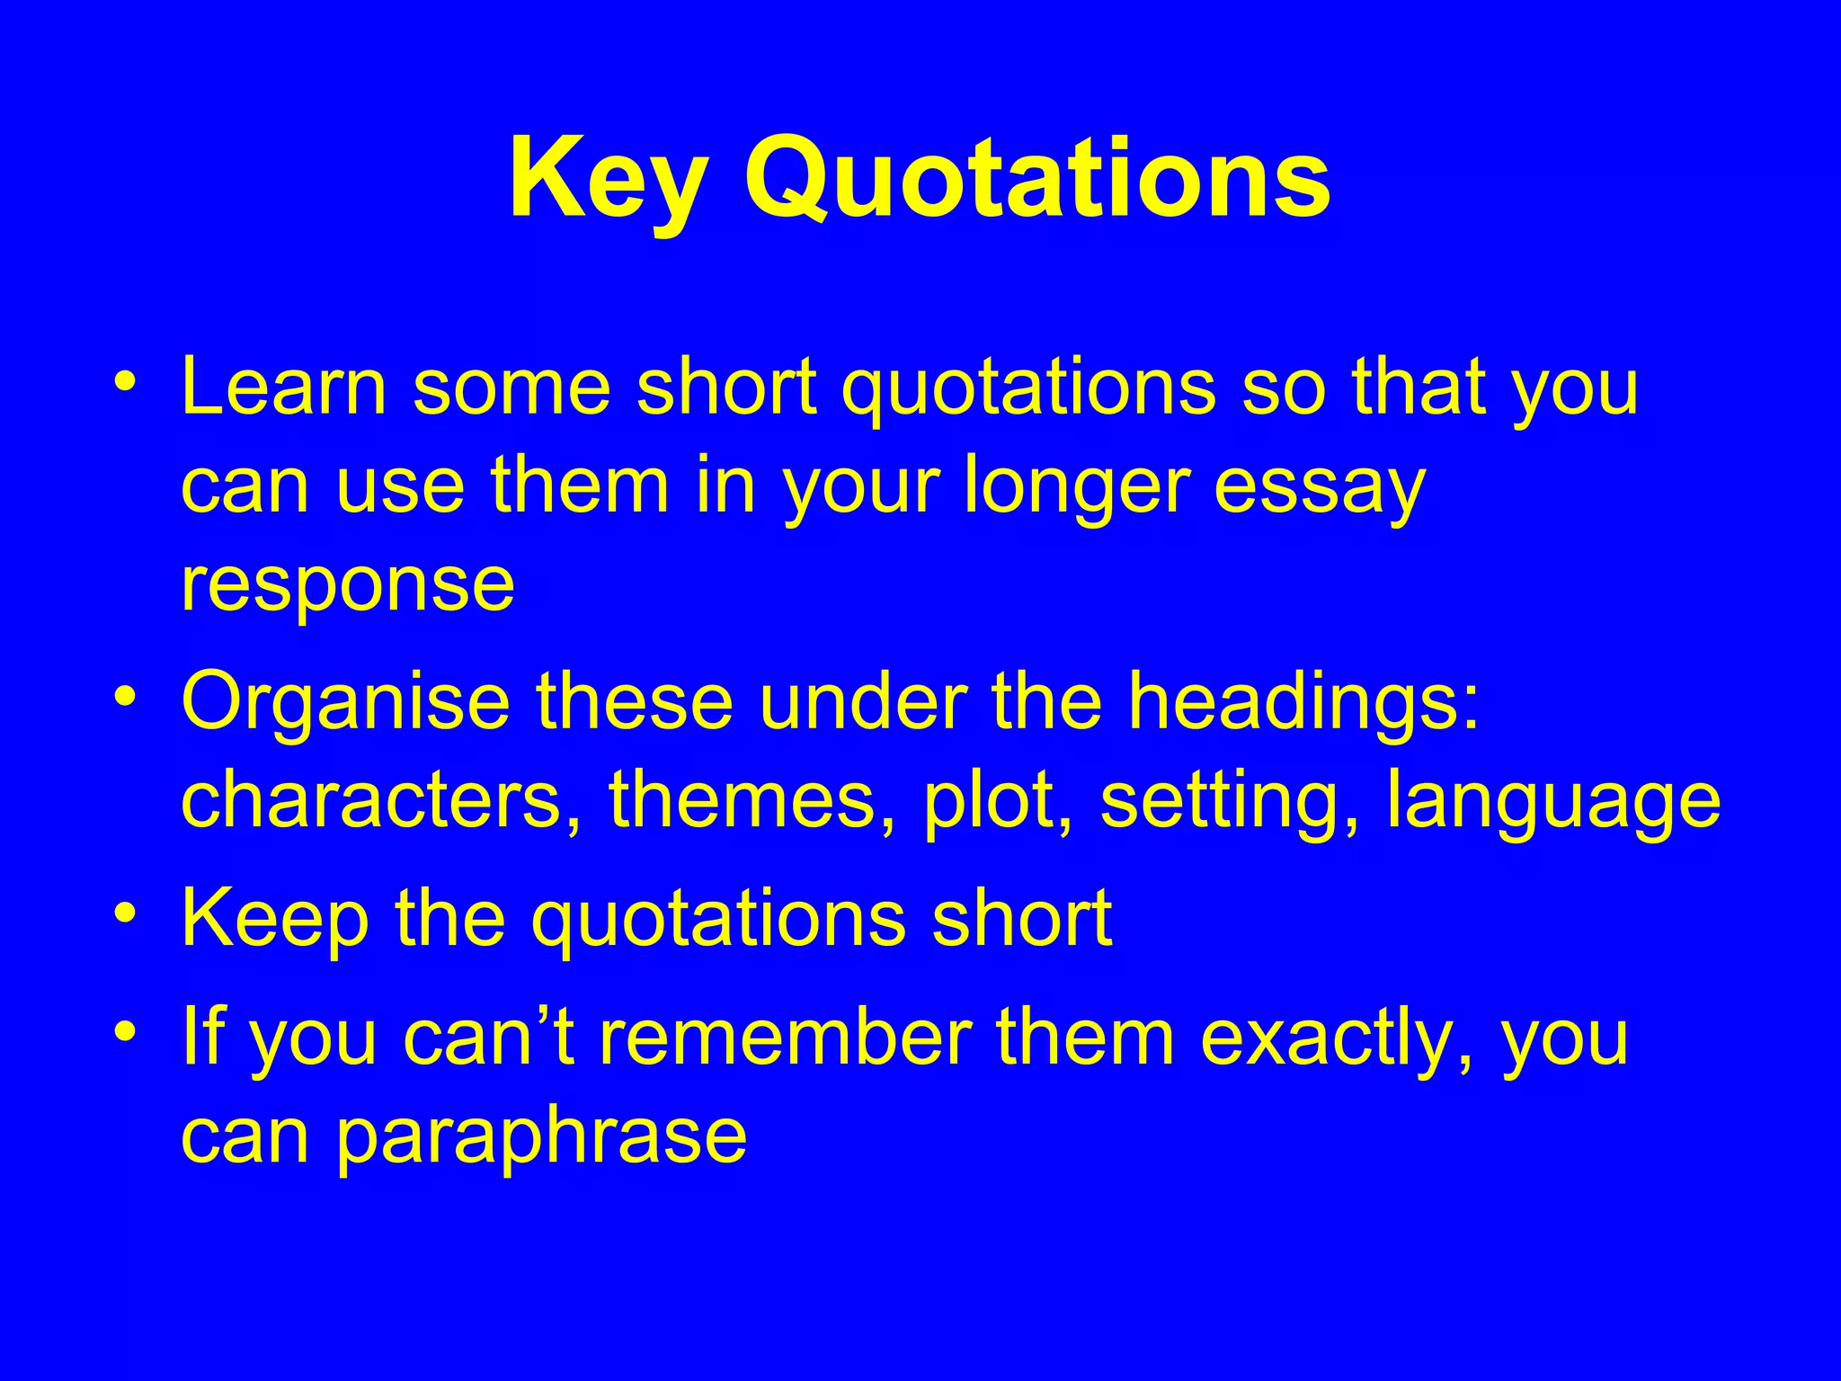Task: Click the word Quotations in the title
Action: [x=1036, y=179]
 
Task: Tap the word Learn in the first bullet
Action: [x=283, y=388]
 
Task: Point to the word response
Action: [x=348, y=586]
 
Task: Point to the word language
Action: [x=1553, y=803]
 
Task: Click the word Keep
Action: [x=275, y=919]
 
